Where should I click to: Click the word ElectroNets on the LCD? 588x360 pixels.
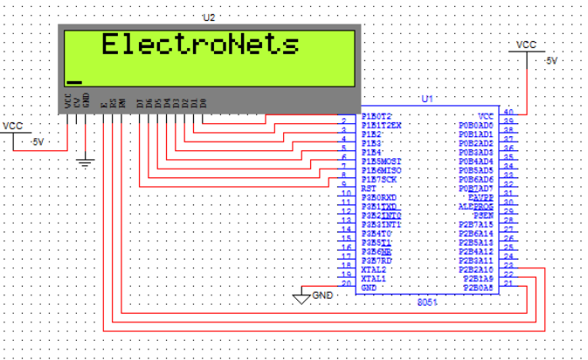click(200, 45)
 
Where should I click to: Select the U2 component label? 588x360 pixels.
click(208, 17)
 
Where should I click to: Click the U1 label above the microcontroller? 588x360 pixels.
click(427, 100)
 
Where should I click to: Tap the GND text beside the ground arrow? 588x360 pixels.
click(323, 295)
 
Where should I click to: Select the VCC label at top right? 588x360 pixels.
click(526, 44)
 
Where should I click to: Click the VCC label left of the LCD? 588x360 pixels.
click(12, 126)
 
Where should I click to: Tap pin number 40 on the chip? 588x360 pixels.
click(508, 113)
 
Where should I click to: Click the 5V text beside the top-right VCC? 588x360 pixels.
click(550, 61)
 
